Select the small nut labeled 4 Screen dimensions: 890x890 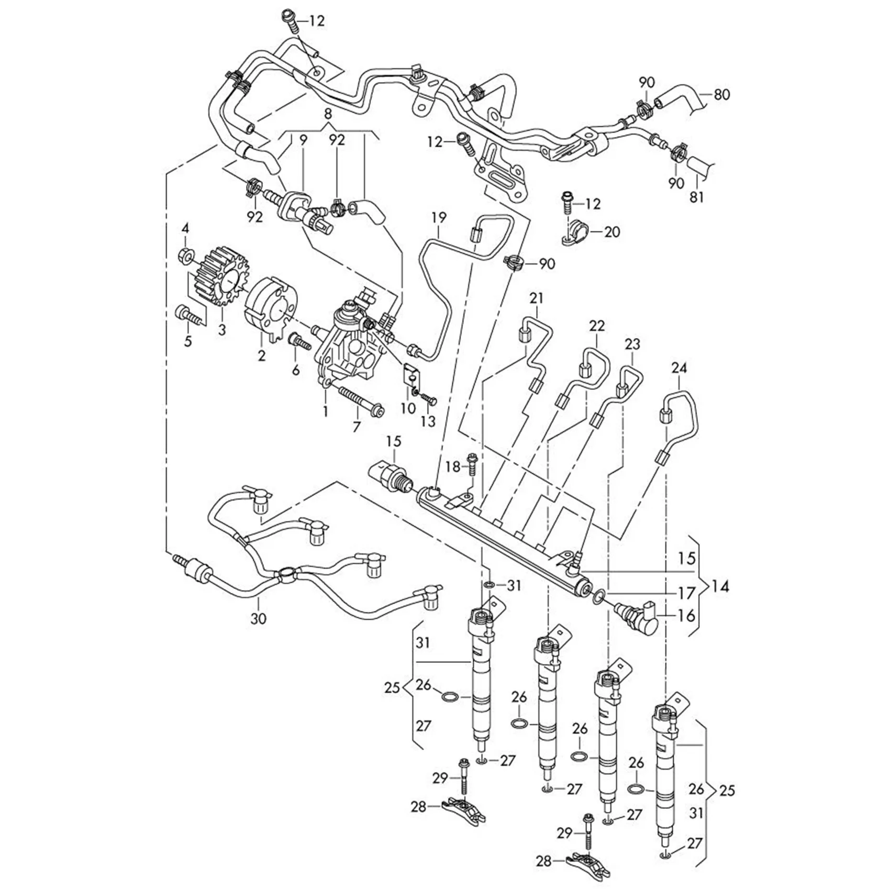pos(185,256)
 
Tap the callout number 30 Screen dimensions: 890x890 pos(258,619)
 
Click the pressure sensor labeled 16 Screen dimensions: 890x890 pos(637,618)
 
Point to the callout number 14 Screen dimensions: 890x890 pos(720,587)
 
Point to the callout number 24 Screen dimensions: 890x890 pos(679,369)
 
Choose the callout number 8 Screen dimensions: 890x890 pos(328,113)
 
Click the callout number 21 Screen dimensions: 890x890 pos(536,299)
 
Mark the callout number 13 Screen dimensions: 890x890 pos(428,422)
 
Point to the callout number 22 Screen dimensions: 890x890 pos(596,326)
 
